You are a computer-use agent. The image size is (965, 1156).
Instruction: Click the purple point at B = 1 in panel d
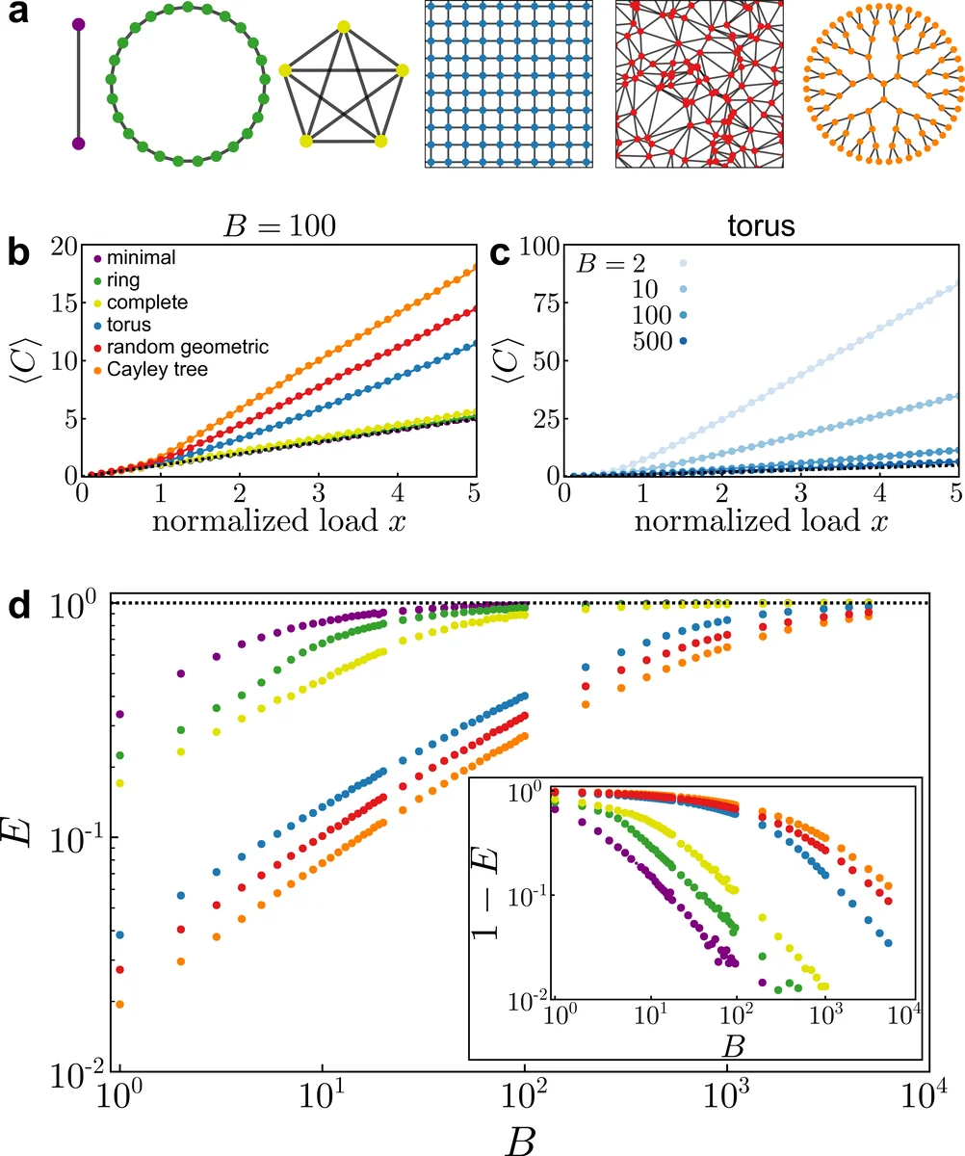pos(119,714)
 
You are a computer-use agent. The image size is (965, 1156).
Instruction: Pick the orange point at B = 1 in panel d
pos(119,1004)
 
